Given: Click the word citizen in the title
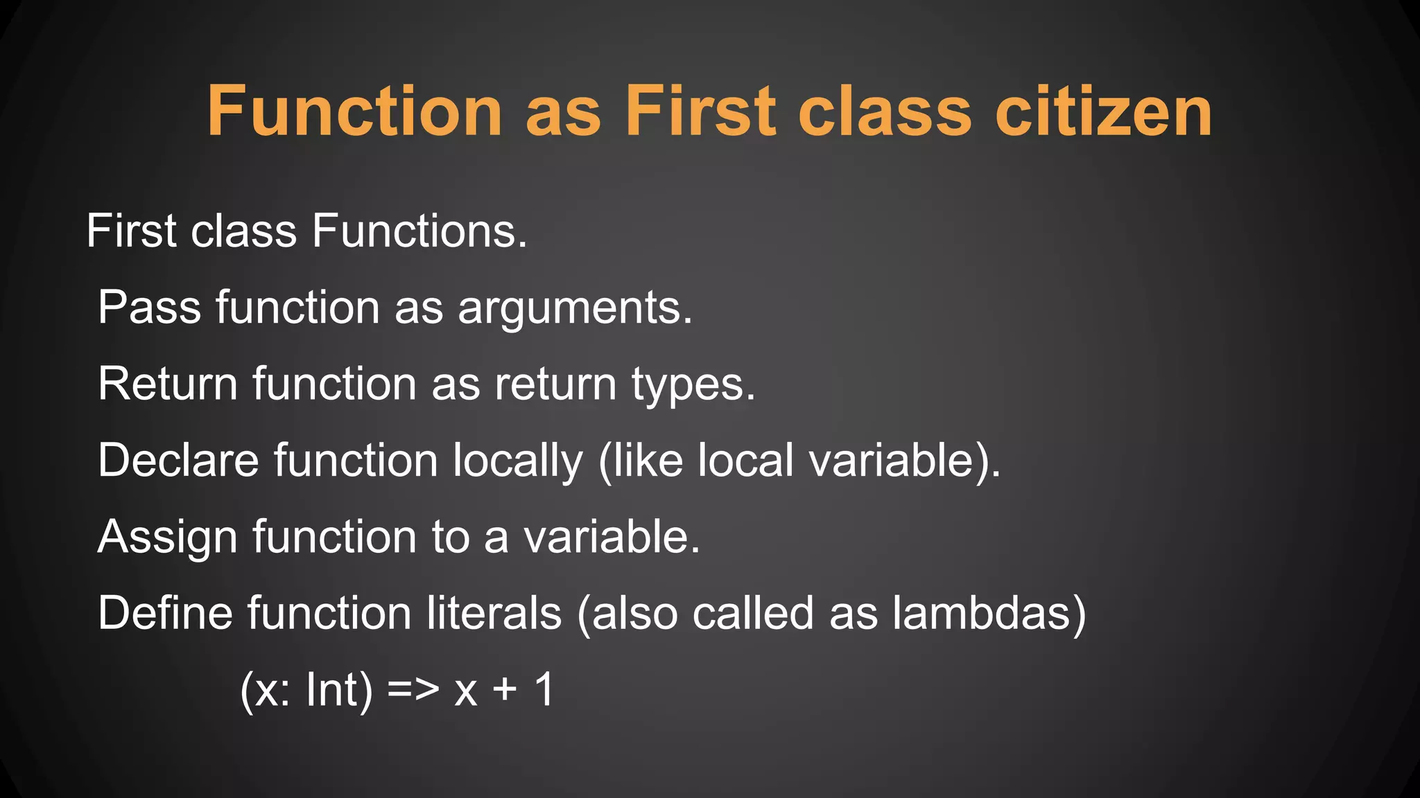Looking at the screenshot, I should (x=1104, y=112).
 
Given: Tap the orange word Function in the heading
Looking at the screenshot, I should (x=354, y=112).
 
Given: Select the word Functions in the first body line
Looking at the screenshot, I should (x=419, y=231).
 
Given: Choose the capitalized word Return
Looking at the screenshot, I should (x=168, y=384).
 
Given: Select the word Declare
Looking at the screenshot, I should (x=178, y=461).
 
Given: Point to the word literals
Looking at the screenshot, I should (x=494, y=614).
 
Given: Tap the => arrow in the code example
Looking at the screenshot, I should (x=413, y=691).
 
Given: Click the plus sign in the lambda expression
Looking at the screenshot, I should (x=505, y=691).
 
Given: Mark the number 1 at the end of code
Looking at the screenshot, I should (x=545, y=690).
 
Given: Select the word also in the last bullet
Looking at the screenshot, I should (x=634, y=614).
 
